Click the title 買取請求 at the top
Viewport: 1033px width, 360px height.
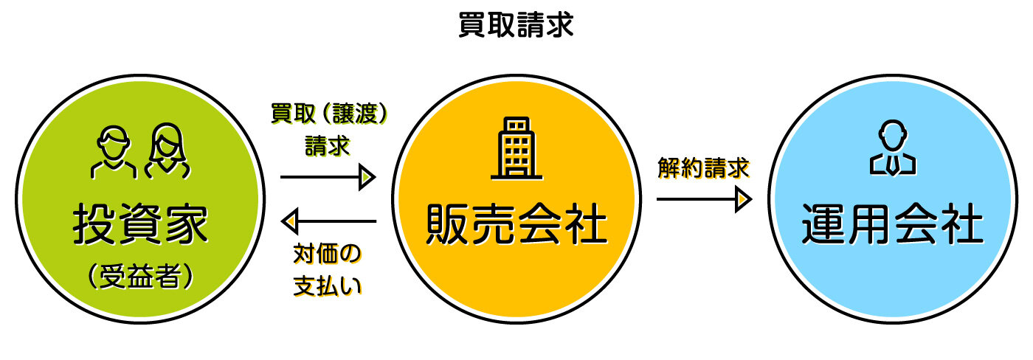[x=515, y=24]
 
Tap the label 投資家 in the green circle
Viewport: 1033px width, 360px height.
[x=140, y=225]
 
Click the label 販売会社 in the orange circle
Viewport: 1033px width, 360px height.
[x=516, y=225]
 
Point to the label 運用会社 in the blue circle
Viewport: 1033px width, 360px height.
[x=892, y=225]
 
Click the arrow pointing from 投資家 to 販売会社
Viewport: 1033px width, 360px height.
[x=328, y=177]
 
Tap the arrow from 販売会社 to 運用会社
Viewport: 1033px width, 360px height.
[x=703, y=199]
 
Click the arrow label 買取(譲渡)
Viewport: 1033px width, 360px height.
[x=328, y=114]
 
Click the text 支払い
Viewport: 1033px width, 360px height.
[x=328, y=285]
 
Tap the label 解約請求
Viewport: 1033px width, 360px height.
[x=703, y=169]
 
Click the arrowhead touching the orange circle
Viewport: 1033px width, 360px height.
[x=367, y=177]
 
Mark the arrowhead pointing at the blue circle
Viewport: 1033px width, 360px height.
[x=743, y=199]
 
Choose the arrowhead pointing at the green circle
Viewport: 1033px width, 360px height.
[x=289, y=221]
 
